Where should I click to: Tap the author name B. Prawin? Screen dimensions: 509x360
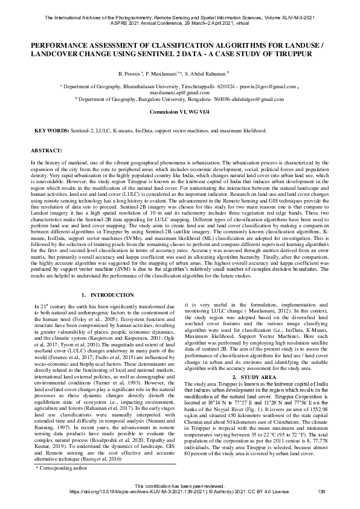(x=130, y=72)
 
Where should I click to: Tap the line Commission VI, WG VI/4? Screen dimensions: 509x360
(x=179, y=112)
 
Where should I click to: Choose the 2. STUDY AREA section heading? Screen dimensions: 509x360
(x=256, y=376)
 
